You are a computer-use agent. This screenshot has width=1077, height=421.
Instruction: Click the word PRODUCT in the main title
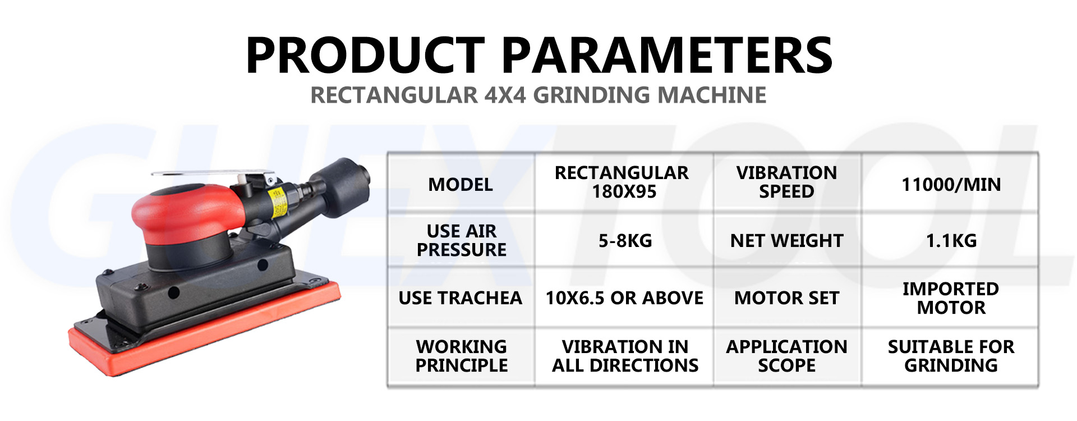tap(365, 55)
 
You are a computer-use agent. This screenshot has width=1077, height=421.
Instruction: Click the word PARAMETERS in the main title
tap(666, 55)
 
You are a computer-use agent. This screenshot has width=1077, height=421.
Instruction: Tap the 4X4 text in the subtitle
tap(505, 95)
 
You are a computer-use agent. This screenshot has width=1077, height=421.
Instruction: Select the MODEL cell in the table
tap(461, 184)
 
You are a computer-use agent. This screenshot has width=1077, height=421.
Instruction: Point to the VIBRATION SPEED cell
tap(786, 182)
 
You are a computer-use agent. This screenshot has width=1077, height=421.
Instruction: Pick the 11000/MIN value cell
tap(951, 184)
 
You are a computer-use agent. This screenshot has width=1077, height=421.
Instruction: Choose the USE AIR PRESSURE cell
tap(461, 240)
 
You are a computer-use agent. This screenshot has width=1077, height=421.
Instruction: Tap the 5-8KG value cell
tap(625, 241)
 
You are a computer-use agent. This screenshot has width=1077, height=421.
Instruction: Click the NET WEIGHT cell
tap(786, 241)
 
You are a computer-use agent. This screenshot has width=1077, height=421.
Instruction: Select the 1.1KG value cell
tap(951, 241)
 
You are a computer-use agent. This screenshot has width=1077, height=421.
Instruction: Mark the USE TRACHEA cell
tap(460, 298)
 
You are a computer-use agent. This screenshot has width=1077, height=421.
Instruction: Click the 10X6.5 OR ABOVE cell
tap(624, 298)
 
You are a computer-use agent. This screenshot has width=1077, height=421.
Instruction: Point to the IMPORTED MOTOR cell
tap(951, 298)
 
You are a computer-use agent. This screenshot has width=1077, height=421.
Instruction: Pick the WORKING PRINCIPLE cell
tap(461, 356)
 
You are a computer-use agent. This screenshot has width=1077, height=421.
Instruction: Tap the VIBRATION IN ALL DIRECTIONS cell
tap(625, 356)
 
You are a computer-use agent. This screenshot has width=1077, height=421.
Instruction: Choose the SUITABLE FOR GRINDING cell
tap(951, 356)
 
